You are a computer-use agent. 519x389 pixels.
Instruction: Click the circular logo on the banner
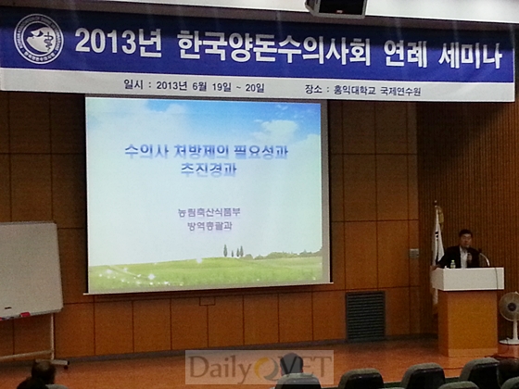pyautogui.click(x=38, y=38)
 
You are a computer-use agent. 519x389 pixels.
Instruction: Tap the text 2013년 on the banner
pyautogui.click(x=116, y=42)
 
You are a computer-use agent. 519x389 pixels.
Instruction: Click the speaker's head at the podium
pyautogui.click(x=465, y=239)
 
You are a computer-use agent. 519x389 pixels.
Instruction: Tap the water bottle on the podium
pyautogui.click(x=452, y=262)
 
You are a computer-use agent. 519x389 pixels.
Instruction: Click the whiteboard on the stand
pyautogui.click(x=29, y=270)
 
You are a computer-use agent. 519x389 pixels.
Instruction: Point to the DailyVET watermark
pyautogui.click(x=259, y=369)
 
